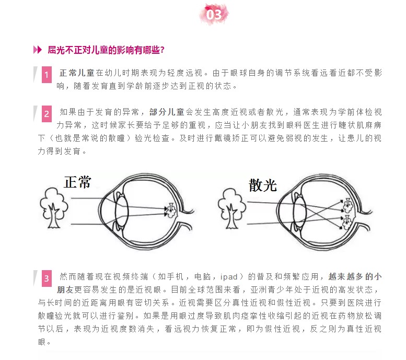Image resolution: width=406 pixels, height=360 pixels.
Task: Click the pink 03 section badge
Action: click(x=214, y=15)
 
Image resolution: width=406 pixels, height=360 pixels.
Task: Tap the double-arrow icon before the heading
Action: click(x=37, y=50)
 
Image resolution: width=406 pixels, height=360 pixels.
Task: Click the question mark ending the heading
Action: click(x=163, y=50)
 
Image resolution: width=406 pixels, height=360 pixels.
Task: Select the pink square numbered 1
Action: click(x=47, y=75)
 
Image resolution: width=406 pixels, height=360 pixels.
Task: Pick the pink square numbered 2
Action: click(x=47, y=114)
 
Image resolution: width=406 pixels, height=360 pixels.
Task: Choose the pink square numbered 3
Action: click(x=47, y=278)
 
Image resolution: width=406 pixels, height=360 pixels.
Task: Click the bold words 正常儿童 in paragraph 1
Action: click(x=77, y=73)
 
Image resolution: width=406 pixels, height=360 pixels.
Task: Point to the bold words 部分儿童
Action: click(x=167, y=112)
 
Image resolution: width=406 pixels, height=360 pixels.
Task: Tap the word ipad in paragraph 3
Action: click(x=229, y=277)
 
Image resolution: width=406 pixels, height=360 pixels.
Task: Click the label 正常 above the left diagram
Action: click(x=77, y=182)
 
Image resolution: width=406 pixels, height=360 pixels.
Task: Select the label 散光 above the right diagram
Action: click(x=263, y=185)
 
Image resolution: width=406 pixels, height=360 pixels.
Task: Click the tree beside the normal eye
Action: click(x=54, y=208)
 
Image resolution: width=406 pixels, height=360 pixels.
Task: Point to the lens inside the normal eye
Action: click(x=122, y=212)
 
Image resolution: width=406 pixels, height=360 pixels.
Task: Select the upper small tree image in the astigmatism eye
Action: click(x=347, y=205)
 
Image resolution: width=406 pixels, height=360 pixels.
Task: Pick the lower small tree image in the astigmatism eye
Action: click(x=347, y=223)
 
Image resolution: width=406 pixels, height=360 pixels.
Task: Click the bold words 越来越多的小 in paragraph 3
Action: click(x=355, y=277)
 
